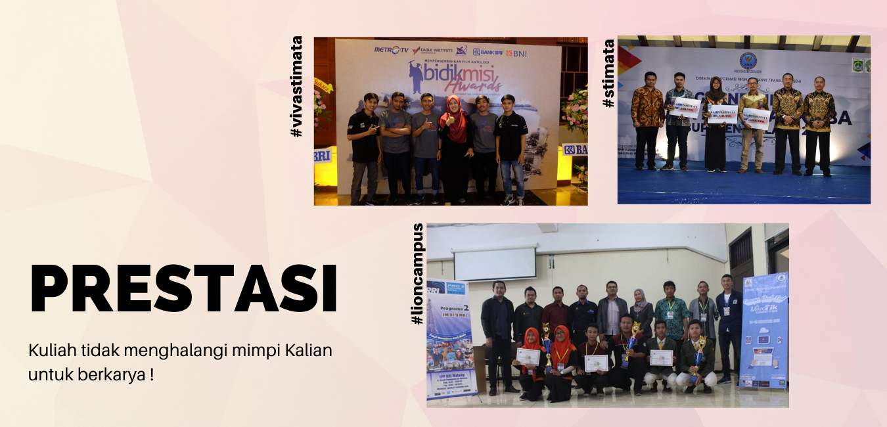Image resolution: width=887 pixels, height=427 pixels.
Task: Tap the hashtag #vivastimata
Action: click(x=296, y=86)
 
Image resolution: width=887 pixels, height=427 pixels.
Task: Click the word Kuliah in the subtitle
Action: click(x=50, y=350)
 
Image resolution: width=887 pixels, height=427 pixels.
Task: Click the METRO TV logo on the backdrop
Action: click(x=390, y=50)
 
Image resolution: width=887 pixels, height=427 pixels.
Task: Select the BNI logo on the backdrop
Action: click(x=516, y=53)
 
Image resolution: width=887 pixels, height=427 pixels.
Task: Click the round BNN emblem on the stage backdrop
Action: click(x=748, y=61)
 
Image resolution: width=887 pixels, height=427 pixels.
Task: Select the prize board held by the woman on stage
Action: click(x=721, y=114)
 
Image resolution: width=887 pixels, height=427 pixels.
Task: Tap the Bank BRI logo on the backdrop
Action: click(x=488, y=52)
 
